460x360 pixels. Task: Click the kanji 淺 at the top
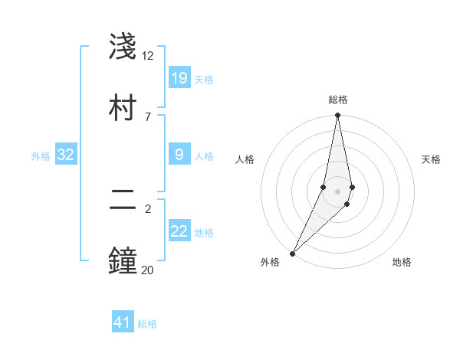(x=124, y=47)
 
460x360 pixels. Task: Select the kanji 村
(x=124, y=106)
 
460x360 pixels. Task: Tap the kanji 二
(x=124, y=200)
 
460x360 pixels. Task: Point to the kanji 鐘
(x=124, y=260)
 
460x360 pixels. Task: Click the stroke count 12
(x=148, y=56)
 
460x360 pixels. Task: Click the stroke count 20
(x=148, y=269)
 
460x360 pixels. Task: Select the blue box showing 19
(x=179, y=78)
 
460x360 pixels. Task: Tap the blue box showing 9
(x=179, y=155)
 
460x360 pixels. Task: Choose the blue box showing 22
(x=179, y=231)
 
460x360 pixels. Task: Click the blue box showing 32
(x=66, y=155)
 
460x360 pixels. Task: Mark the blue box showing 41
(x=123, y=322)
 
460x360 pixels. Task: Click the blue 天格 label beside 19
(x=204, y=79)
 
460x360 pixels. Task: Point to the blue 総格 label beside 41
(x=147, y=324)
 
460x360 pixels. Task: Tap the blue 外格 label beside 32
(x=41, y=155)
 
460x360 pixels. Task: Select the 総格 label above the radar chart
(x=337, y=100)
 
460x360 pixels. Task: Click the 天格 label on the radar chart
(x=432, y=159)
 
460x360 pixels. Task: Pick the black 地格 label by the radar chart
(x=402, y=262)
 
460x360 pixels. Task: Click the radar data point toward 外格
(x=293, y=253)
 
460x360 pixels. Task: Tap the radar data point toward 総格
(x=337, y=116)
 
